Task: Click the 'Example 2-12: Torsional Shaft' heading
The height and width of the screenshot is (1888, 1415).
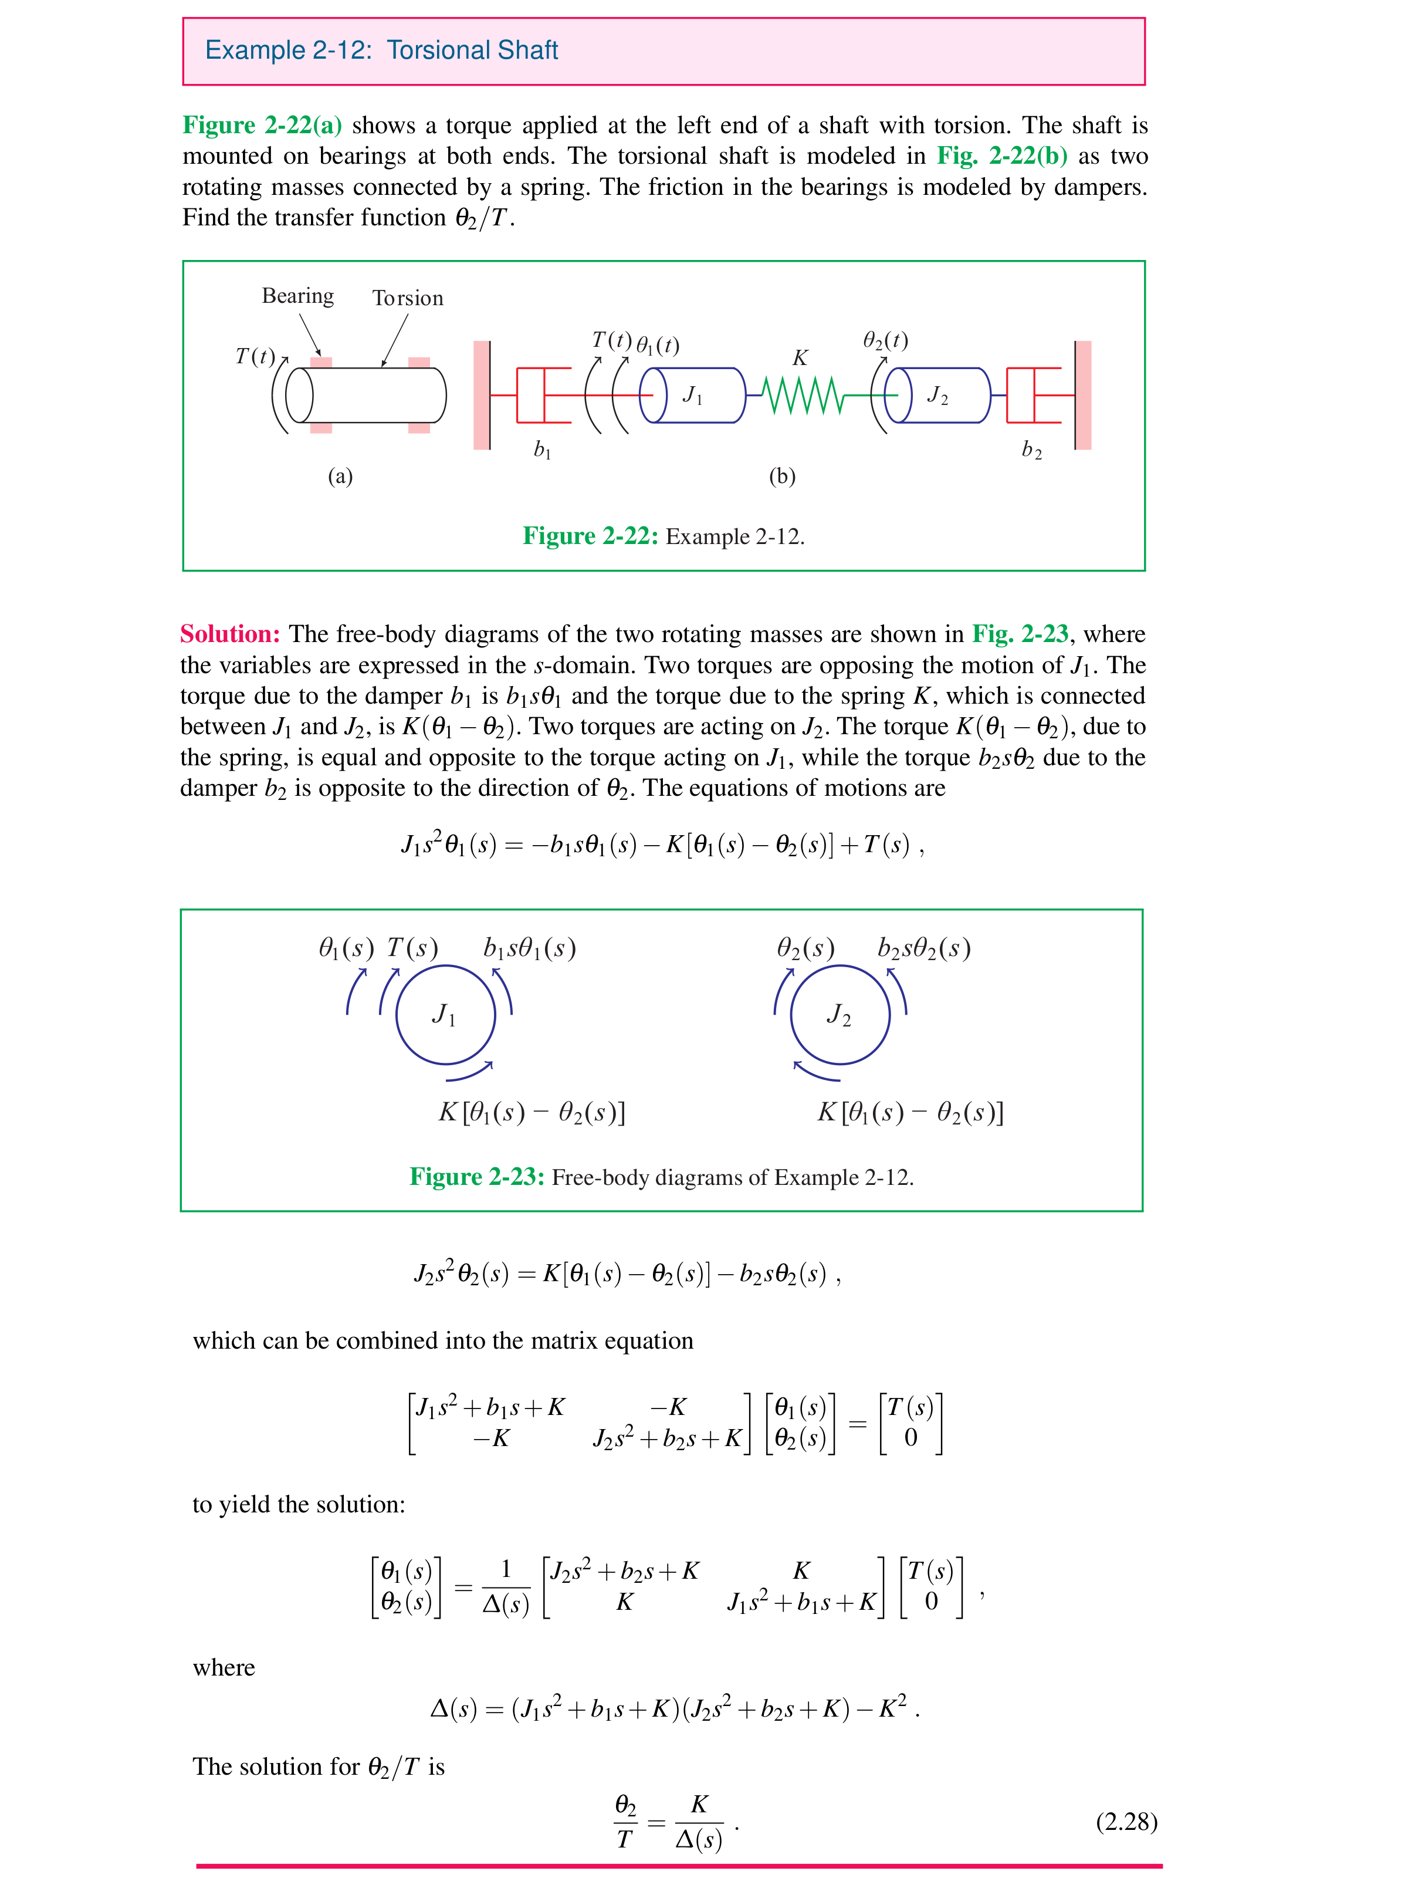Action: (381, 50)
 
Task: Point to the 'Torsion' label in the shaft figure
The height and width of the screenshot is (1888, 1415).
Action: (407, 298)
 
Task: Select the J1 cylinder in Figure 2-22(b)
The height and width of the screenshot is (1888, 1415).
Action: (692, 395)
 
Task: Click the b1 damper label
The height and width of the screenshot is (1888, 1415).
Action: (542, 450)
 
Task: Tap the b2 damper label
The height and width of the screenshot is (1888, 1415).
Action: (1031, 450)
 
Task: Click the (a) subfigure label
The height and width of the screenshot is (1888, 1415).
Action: (340, 477)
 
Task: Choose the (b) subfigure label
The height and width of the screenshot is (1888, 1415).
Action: (782, 477)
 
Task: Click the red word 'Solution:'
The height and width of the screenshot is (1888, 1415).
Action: (229, 634)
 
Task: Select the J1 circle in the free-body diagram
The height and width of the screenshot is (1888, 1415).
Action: (445, 1015)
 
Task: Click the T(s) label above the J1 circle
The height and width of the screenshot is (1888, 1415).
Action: (412, 948)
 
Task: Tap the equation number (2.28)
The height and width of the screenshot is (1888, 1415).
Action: (1126, 1822)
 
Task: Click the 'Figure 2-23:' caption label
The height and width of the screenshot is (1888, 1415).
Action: (476, 1177)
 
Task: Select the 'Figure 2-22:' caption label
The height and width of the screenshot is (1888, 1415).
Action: (590, 536)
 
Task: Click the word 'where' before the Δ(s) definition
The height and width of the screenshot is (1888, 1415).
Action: (224, 1668)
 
